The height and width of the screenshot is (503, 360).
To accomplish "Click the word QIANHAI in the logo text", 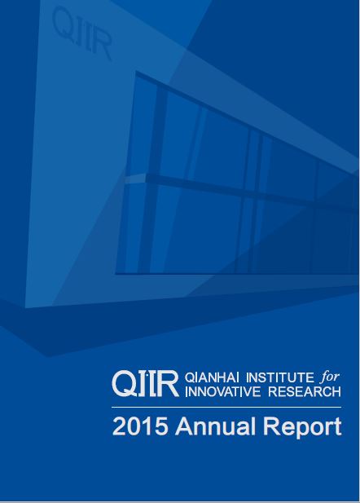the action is pos(213,377).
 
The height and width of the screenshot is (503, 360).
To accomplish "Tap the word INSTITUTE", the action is pos(280,377).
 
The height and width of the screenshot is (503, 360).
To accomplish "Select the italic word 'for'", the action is pos(330,377).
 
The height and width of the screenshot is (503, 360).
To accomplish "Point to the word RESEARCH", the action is pos(305,391).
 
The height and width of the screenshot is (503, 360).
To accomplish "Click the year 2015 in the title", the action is pos(140,426).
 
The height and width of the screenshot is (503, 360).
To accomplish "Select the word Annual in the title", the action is pos(215,426).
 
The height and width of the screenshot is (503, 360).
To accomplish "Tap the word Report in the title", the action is pos(302,428).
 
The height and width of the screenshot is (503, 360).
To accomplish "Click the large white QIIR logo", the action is pos(145,384).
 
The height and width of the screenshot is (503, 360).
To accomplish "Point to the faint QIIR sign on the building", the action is pos(82,33).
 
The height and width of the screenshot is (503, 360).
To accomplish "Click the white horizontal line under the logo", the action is pos(226,407).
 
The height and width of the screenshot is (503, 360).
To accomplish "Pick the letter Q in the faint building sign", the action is pos(64,22).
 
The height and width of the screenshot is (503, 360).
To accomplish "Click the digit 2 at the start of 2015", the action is pos(119,426).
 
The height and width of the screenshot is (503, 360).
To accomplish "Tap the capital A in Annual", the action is pos(184,426).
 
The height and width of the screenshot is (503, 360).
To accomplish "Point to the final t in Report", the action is pos(337,427).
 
